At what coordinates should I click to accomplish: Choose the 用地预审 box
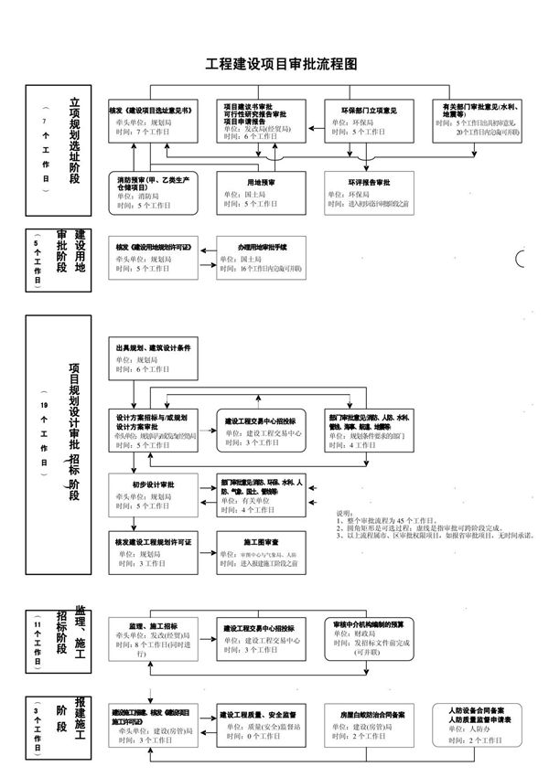pyautogui.click(x=260, y=193)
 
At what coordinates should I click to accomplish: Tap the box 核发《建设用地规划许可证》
pyautogui.click(x=154, y=259)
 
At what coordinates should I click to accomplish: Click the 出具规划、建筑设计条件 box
pyautogui.click(x=154, y=360)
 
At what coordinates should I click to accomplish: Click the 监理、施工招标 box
pyautogui.click(x=154, y=638)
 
